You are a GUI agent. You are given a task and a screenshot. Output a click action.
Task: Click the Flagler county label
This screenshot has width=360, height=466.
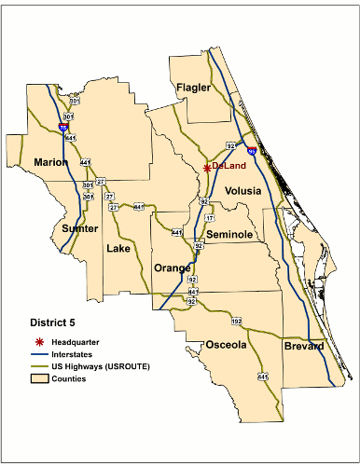pos(194,88)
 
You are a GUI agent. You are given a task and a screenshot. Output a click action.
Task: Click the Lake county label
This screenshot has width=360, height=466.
pos(118,249)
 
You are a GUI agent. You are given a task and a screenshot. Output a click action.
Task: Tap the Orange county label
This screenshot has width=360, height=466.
pos(172,268)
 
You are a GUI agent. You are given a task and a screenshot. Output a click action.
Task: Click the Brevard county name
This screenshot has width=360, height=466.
pos(305,347)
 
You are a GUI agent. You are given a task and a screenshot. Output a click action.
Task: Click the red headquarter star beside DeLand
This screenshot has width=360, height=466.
pos(206,168)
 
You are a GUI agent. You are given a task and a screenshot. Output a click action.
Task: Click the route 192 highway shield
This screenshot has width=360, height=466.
pos(236,321)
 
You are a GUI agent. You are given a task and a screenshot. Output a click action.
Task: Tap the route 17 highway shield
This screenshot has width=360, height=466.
pos(209,217)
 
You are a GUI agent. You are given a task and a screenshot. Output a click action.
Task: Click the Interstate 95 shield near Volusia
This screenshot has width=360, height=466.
pos(252,148)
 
